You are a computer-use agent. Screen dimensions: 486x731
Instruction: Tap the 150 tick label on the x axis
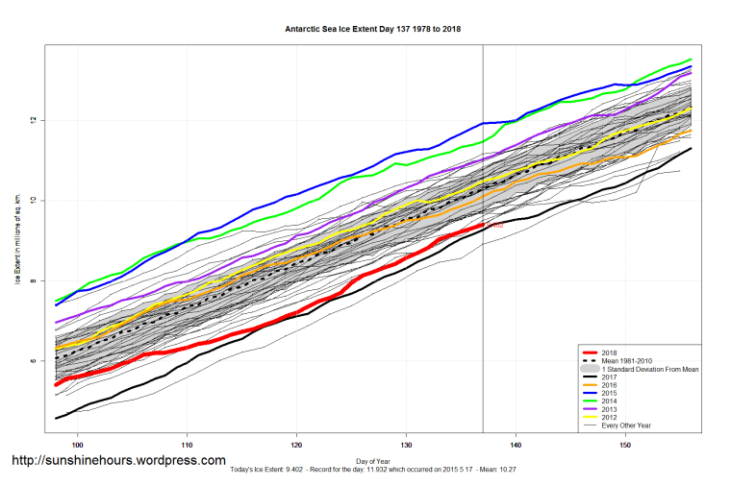(x=627, y=446)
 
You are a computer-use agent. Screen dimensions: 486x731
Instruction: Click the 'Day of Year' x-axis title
(x=373, y=460)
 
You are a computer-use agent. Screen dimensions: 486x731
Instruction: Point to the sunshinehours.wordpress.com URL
(x=118, y=460)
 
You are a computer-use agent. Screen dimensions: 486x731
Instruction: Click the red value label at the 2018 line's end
(x=497, y=226)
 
